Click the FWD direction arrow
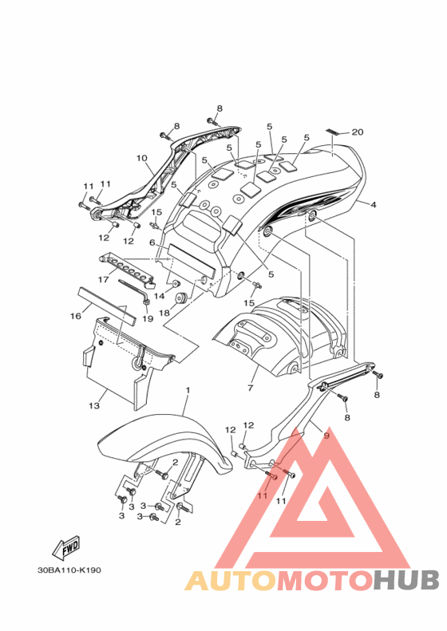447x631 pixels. click(x=66, y=548)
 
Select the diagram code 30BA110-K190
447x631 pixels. click(x=69, y=570)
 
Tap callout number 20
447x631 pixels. click(x=358, y=132)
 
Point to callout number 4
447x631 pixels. click(x=374, y=205)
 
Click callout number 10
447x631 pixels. click(x=142, y=158)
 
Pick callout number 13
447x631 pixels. click(x=94, y=405)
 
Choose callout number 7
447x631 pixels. click(x=251, y=388)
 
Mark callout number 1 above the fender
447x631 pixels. click(x=188, y=390)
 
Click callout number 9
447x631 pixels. click(x=326, y=436)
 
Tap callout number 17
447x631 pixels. click(x=104, y=279)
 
